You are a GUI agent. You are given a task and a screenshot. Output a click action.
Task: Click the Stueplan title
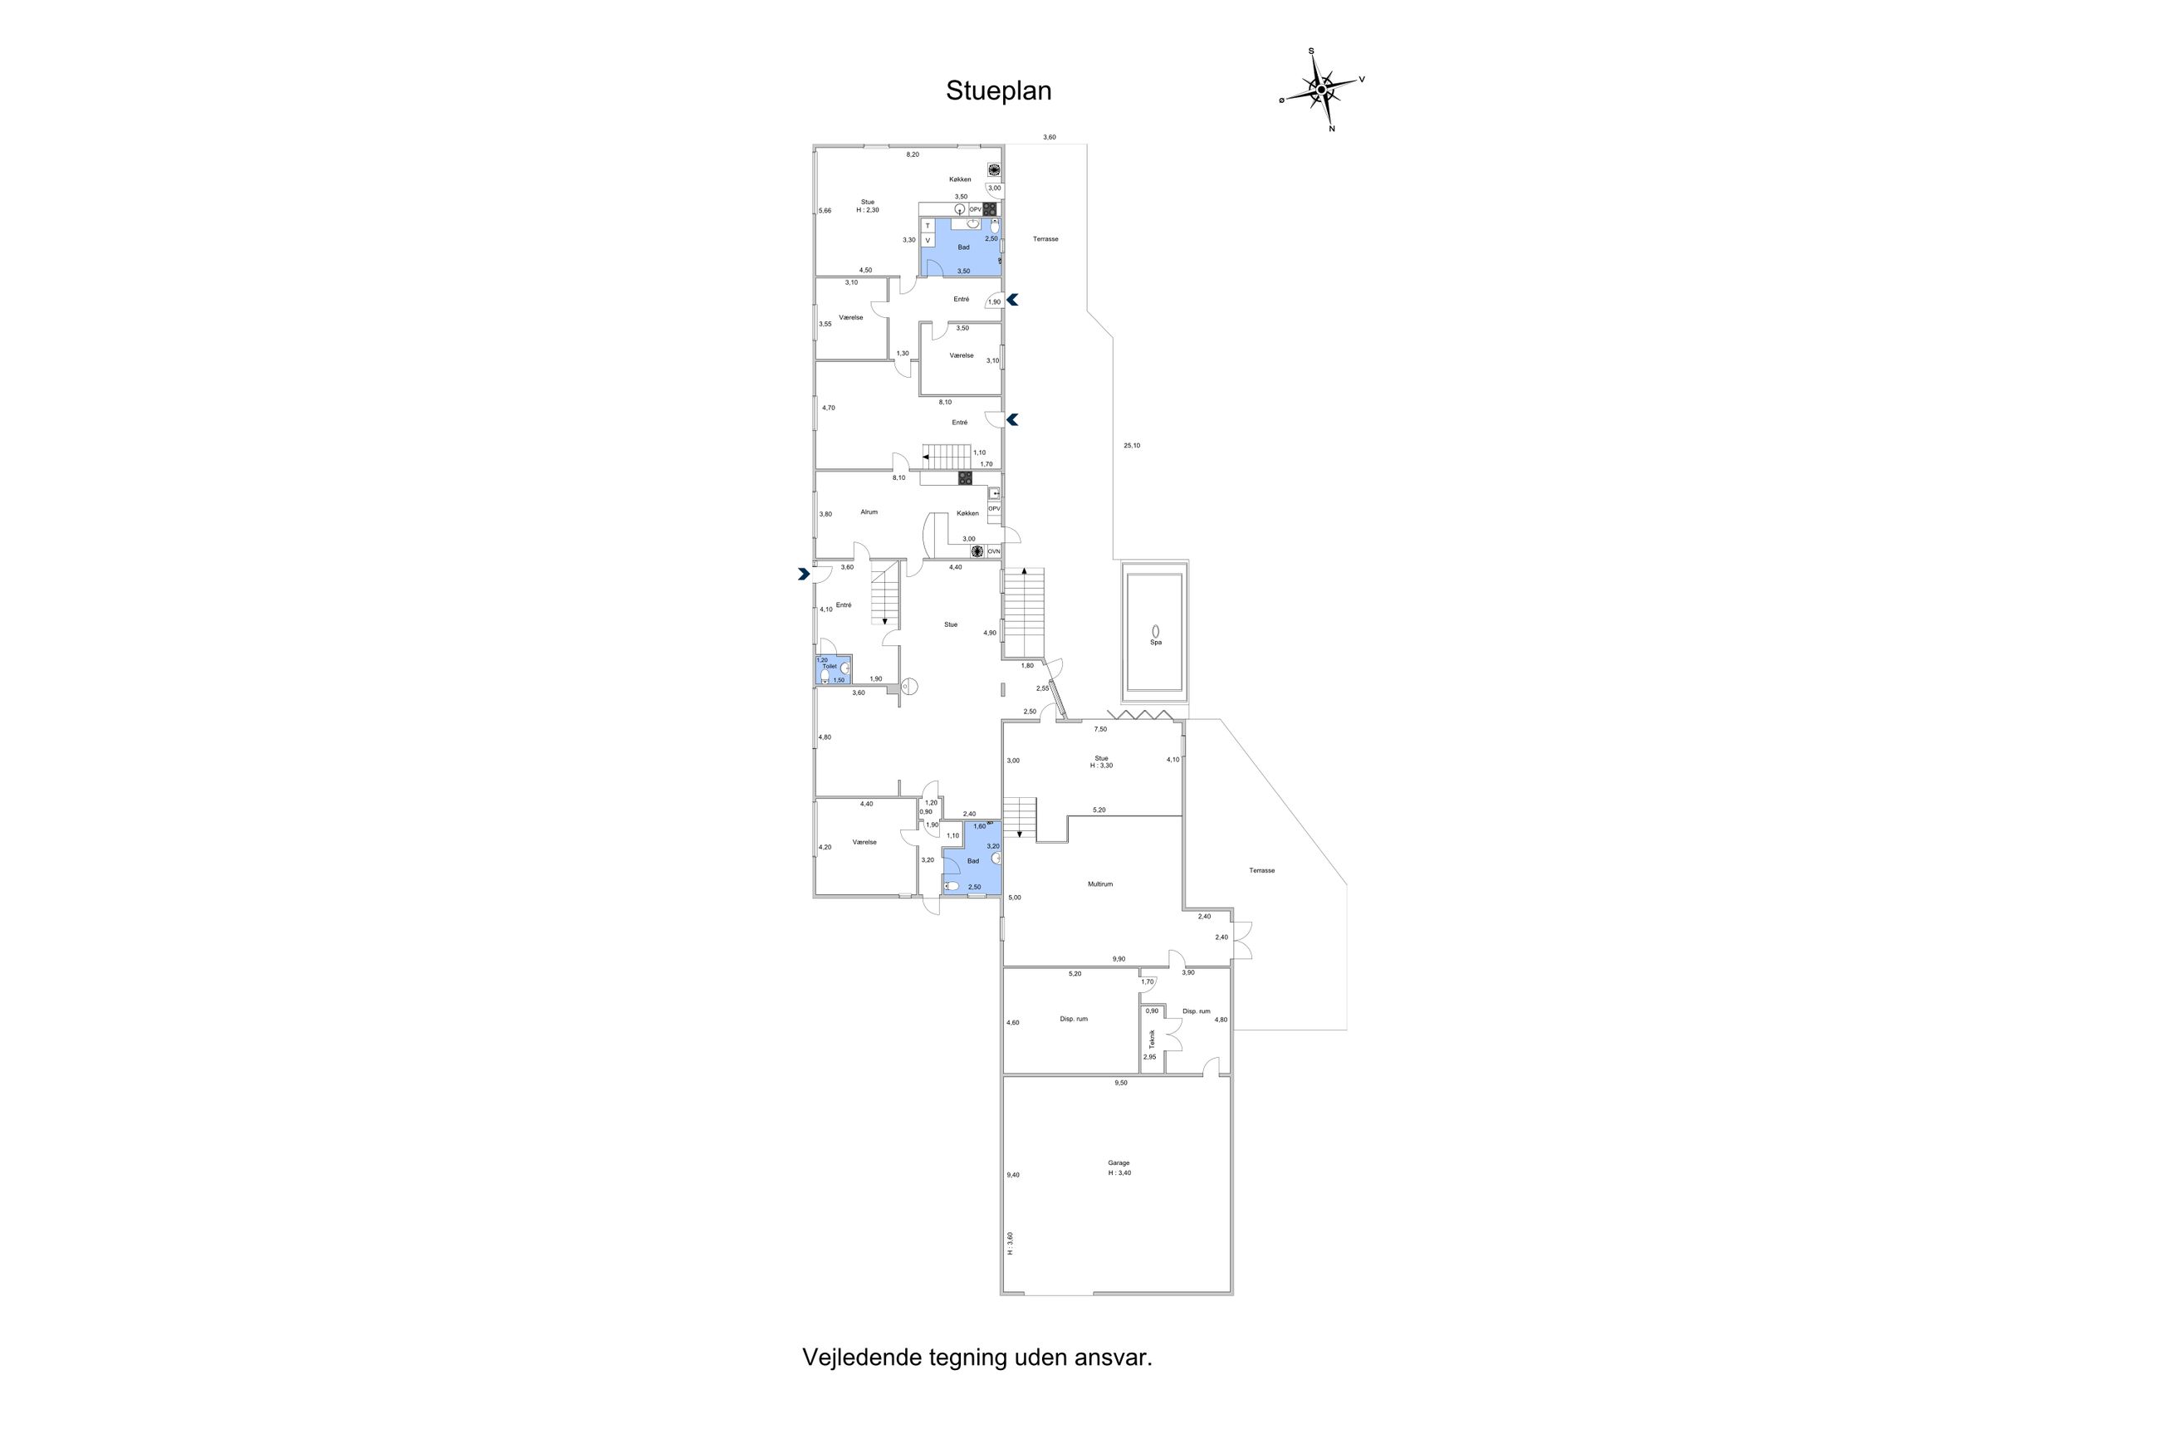[998, 91]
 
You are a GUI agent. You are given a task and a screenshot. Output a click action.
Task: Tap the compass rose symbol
[1321, 90]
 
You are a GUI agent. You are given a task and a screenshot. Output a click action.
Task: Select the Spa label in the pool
[1155, 643]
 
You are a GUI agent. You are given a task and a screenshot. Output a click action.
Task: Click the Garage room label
[1119, 1162]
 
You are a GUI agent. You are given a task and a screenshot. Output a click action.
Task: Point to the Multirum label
[1100, 884]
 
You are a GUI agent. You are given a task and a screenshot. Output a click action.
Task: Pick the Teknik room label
[1153, 1039]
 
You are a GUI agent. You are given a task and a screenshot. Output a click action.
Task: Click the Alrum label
[869, 512]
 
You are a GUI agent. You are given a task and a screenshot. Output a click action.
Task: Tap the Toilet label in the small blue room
[830, 666]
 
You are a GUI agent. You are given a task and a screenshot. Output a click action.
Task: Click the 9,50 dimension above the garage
[1120, 1083]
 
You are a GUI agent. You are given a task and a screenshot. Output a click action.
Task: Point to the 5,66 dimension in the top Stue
[825, 211]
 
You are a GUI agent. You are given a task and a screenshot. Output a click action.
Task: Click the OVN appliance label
[994, 551]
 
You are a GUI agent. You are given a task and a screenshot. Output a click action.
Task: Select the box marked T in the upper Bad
[928, 226]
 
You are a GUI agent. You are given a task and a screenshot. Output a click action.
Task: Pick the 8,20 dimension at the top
[913, 154]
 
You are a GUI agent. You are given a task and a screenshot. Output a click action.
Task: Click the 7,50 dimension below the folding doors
[1100, 730]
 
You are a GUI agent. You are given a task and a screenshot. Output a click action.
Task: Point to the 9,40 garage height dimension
[1013, 1175]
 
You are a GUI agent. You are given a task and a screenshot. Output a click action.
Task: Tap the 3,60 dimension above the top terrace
[1049, 138]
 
